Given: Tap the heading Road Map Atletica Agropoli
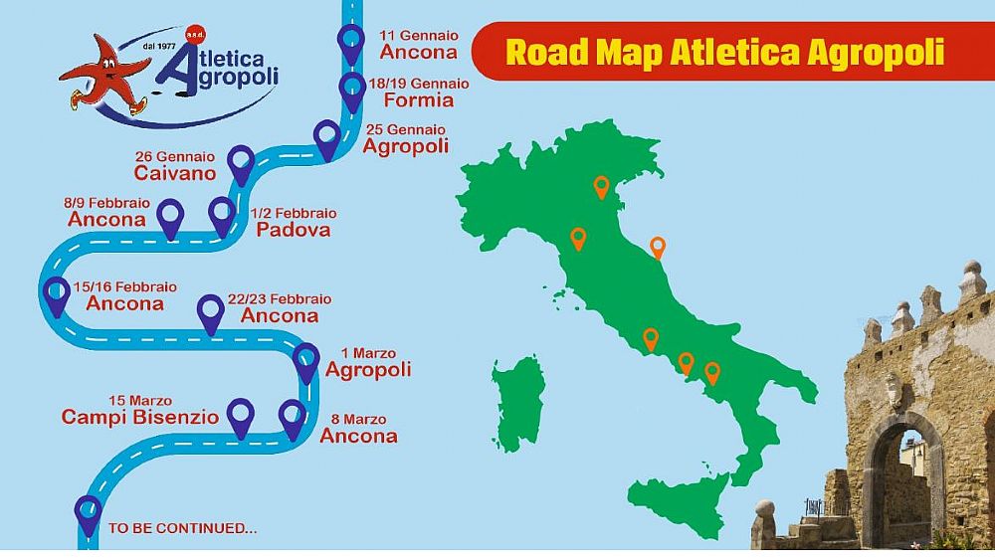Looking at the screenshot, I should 724,51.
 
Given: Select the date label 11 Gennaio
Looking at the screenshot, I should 419,35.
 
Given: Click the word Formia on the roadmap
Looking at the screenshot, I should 418,99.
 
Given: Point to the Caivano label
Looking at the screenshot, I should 175,173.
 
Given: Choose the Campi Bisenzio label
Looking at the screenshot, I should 140,417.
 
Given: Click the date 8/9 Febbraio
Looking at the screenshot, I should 105,203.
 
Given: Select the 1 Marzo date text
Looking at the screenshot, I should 368,353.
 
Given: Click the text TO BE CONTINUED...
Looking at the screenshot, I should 182,529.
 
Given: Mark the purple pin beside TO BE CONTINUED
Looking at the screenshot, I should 89,513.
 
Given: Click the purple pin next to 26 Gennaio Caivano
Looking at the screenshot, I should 240,162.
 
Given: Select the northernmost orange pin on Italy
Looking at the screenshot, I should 601,186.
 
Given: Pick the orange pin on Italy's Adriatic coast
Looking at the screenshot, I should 657,246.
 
